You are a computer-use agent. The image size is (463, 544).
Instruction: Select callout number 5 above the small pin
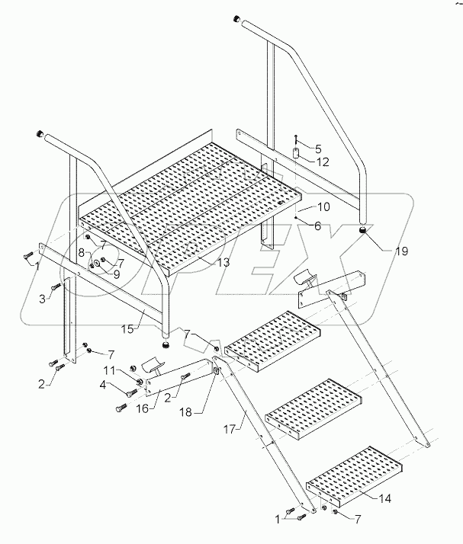[x=318, y=149]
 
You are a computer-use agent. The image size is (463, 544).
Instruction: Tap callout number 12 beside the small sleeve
[x=322, y=162]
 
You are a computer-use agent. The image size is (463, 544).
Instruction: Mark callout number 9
[x=117, y=273]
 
